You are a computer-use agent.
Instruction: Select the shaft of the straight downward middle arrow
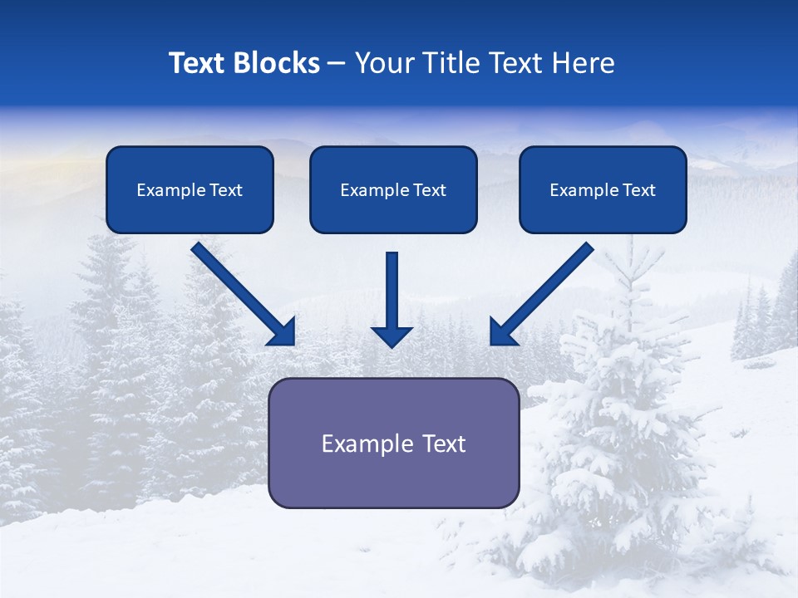392,287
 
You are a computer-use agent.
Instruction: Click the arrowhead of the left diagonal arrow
283,332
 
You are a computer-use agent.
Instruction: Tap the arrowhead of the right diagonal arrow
502,332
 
